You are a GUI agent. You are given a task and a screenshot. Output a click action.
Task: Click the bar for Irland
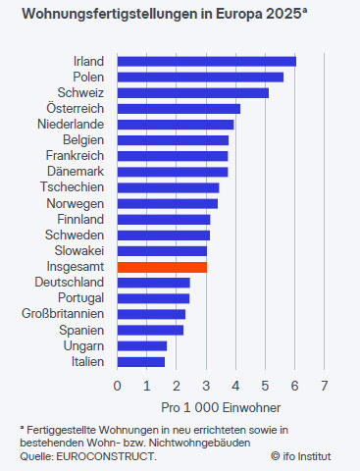(x=206, y=61)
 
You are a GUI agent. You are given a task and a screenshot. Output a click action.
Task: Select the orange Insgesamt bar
(x=162, y=266)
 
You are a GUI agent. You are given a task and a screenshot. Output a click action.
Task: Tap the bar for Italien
(x=140, y=361)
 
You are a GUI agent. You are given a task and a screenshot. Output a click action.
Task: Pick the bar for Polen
(x=200, y=77)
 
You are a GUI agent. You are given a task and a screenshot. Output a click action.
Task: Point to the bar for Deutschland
(x=153, y=282)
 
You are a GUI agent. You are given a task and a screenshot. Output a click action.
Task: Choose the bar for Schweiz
(x=192, y=92)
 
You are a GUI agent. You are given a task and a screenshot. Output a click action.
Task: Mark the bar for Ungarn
(x=141, y=345)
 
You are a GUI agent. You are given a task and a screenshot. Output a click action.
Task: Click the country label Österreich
(x=76, y=108)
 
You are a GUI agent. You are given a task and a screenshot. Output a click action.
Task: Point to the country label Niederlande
(x=72, y=124)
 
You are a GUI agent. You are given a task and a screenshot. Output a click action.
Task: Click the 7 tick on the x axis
(x=325, y=386)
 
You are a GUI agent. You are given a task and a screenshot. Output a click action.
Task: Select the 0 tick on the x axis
(x=117, y=386)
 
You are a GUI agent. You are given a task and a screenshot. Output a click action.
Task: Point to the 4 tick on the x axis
(x=235, y=386)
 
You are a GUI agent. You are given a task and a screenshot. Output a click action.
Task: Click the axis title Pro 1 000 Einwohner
(x=221, y=406)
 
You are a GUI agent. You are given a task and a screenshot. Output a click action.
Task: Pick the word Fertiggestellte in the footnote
(x=64, y=431)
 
